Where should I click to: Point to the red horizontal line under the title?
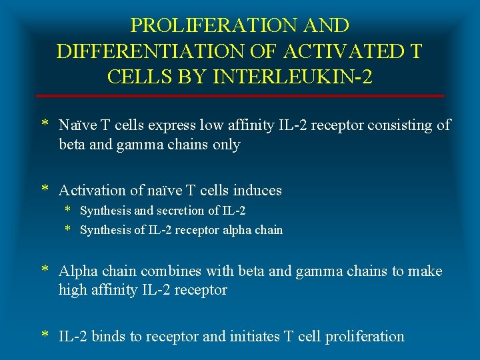point(240,96)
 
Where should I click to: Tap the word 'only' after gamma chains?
point(225,145)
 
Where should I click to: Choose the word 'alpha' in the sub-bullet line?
point(239,231)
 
